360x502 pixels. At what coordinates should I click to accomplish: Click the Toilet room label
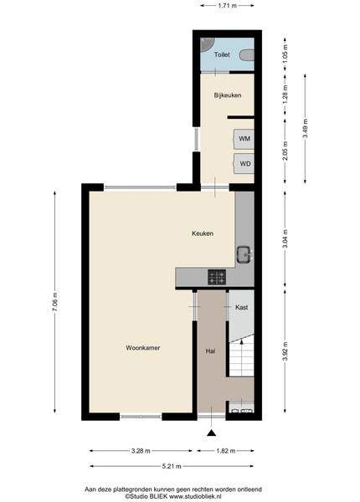(222, 54)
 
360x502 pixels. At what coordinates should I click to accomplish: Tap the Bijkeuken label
(228, 95)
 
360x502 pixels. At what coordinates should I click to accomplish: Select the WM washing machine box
(244, 139)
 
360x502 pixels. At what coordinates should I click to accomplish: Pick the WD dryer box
(244, 164)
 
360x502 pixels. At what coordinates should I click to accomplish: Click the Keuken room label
(203, 233)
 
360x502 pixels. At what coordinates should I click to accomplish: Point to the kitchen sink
(245, 254)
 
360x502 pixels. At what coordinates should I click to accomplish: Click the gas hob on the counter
(217, 277)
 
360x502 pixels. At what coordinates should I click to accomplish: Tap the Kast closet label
(241, 307)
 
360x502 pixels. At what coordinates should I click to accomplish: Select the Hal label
(210, 351)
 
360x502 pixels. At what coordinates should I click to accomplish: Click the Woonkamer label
(143, 348)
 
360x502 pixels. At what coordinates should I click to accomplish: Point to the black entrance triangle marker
(211, 433)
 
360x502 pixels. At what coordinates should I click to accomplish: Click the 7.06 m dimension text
(54, 302)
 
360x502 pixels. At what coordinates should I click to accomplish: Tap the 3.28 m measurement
(141, 451)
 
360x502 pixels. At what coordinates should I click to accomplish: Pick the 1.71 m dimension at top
(228, 6)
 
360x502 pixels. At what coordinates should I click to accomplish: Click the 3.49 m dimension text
(306, 128)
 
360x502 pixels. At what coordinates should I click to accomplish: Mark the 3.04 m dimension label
(285, 238)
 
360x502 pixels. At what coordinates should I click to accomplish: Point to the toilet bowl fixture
(247, 54)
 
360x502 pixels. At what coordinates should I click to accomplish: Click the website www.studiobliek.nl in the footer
(195, 496)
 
